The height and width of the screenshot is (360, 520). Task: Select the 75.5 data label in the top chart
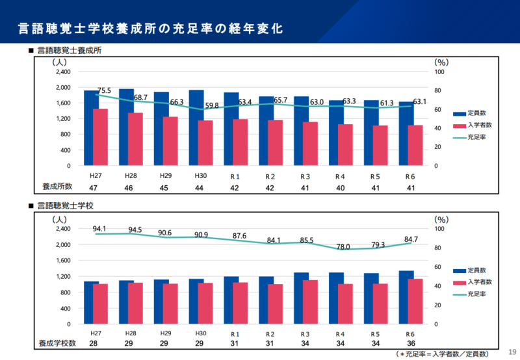[x=104, y=90]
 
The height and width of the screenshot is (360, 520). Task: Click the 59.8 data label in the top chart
[x=211, y=105]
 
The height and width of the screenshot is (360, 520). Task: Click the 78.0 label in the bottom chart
[x=343, y=247]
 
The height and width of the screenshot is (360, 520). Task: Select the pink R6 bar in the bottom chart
[x=414, y=302]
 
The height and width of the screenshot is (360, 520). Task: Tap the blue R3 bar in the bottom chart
[x=301, y=298]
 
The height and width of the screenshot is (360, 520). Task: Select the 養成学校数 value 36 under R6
[x=409, y=342]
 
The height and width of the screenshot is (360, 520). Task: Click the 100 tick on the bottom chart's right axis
[x=440, y=229]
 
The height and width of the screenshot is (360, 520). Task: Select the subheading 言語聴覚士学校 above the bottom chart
[x=66, y=205]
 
